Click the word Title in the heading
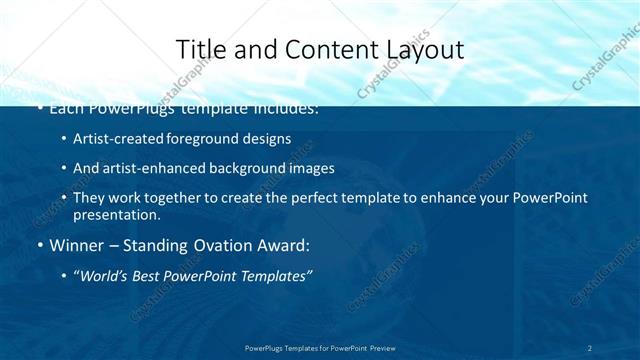coord(198,49)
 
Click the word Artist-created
coord(112,139)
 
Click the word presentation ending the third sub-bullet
coord(115,214)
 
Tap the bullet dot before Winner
coord(39,245)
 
